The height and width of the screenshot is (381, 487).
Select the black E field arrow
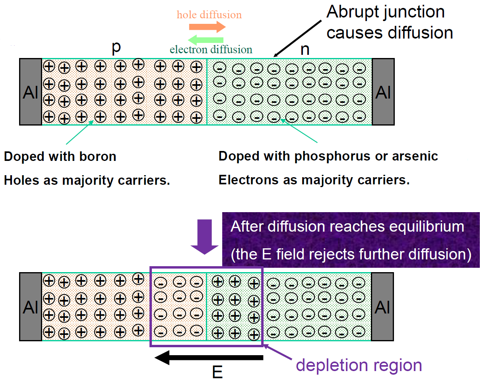pyautogui.click(x=209, y=358)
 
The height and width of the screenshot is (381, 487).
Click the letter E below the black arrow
pyautogui.click(x=217, y=373)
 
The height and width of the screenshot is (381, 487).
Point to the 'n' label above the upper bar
pyautogui.click(x=305, y=50)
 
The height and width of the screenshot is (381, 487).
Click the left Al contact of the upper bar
pyautogui.click(x=31, y=92)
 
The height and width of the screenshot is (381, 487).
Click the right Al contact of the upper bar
pyautogui.click(x=383, y=92)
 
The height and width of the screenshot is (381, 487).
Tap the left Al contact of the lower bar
pyautogui.click(x=31, y=307)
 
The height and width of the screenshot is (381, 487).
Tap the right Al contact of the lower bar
pyautogui.click(x=382, y=307)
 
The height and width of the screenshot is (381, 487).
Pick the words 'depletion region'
pyautogui.click(x=359, y=365)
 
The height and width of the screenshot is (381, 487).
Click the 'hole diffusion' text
pyautogui.click(x=209, y=15)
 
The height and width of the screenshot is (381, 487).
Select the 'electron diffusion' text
pyautogui.click(x=211, y=50)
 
